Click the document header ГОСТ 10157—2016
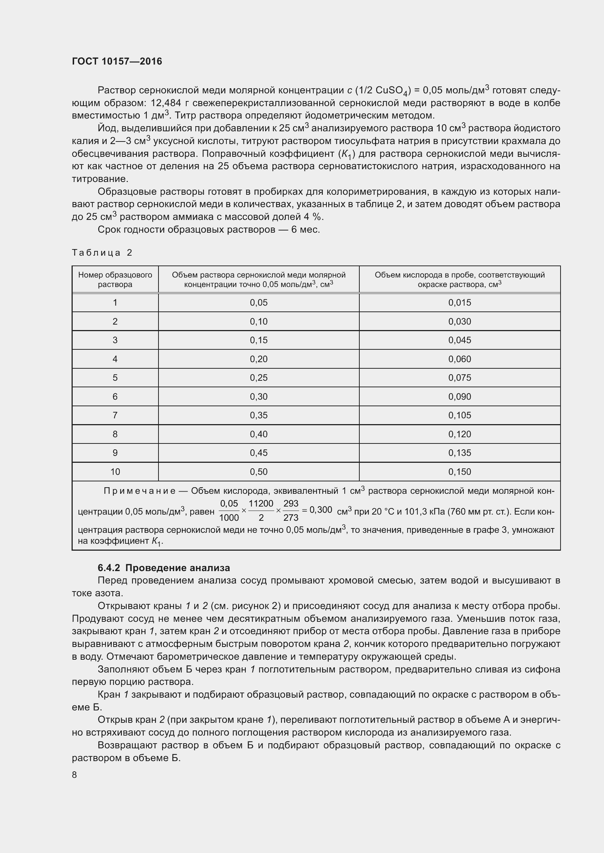117,61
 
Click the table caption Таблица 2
102,253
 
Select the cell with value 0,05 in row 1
259,302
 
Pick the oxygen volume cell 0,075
459,377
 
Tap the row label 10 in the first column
115,472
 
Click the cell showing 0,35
259,415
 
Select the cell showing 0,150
459,472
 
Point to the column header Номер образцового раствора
115,279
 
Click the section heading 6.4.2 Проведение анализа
164,568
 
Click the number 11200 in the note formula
261,503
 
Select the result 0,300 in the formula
320,510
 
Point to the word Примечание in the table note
139,491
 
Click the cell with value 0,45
259,453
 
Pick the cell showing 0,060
459,359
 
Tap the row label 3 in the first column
115,340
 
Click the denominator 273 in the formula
290,517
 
